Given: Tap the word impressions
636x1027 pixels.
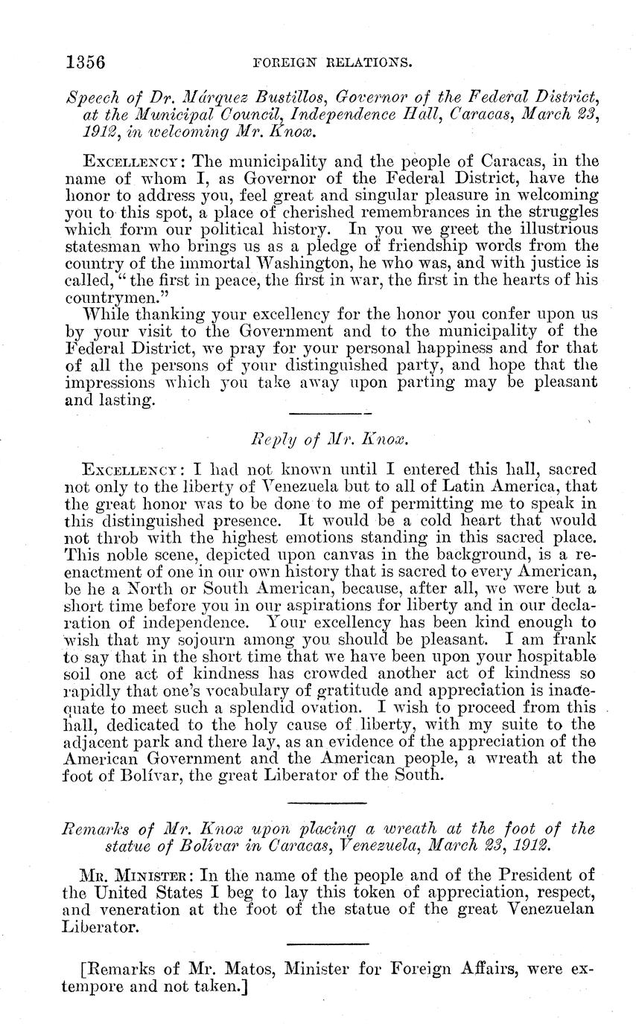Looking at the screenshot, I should [x=111, y=383].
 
